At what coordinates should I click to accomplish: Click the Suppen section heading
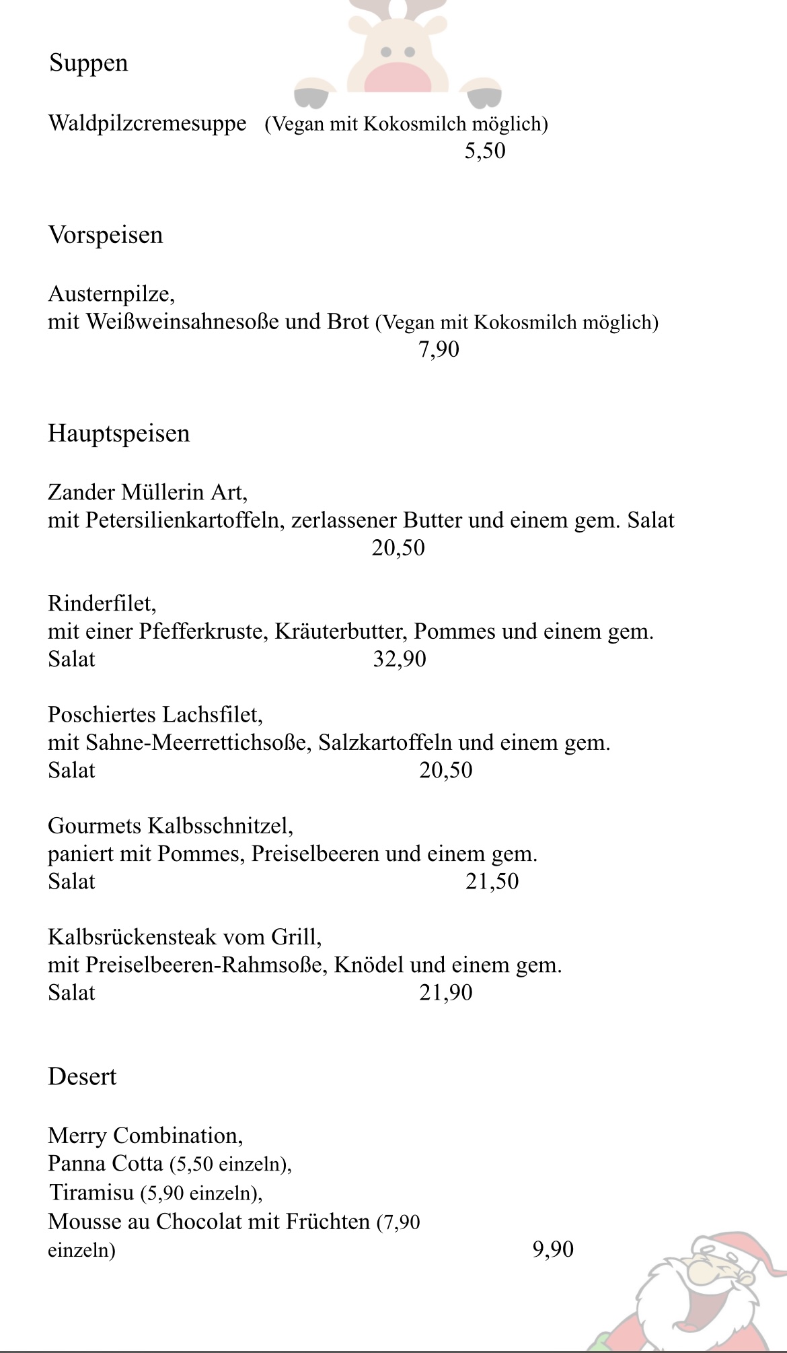[x=88, y=63]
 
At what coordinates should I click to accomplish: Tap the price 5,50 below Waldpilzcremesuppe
[x=484, y=151]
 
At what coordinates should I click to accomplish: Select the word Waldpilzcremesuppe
[x=147, y=124]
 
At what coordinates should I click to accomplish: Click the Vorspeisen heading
[x=106, y=235]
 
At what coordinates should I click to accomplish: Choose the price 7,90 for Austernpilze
[x=439, y=349]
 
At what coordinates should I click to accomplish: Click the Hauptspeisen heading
[x=119, y=433]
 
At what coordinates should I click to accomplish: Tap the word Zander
[x=81, y=493]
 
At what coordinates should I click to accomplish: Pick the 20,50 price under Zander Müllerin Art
[x=398, y=548]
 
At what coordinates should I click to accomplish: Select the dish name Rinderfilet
[x=102, y=604]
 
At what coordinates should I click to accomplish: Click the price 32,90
[x=400, y=659]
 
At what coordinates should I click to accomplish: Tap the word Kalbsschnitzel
[x=220, y=826]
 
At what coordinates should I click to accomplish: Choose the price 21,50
[x=492, y=882]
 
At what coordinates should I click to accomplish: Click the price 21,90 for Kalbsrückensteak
[x=445, y=993]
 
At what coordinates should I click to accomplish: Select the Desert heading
[x=82, y=1077]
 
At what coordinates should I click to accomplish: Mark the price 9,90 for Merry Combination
[x=553, y=1250]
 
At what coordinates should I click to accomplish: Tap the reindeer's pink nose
[x=397, y=75]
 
